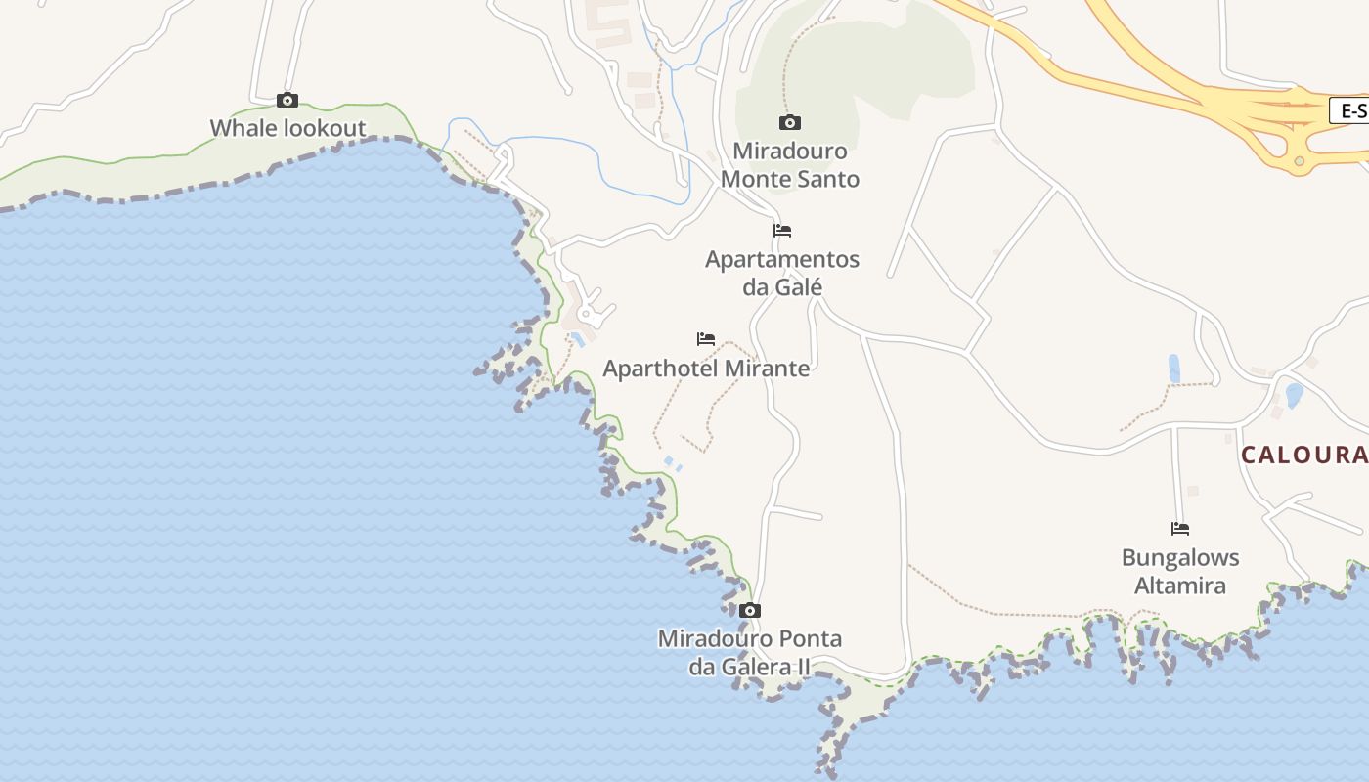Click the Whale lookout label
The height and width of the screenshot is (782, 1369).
coord(287,128)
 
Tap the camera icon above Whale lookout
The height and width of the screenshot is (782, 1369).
coord(287,100)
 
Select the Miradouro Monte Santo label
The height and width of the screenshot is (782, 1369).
coord(790,165)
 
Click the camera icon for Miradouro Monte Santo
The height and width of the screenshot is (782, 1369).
coord(790,122)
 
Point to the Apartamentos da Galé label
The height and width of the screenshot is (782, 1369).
coord(782,273)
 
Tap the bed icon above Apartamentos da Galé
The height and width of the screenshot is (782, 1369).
coord(782,231)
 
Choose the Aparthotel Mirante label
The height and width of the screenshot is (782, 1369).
coord(706,369)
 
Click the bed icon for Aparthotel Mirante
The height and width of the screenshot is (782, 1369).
coord(706,339)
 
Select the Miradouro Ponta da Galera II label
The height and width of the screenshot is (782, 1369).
coord(749,653)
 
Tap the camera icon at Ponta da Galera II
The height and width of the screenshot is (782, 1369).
coord(750,611)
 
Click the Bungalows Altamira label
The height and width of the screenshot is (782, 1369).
coord(1180,572)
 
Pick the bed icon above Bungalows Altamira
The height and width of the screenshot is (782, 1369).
coord(1180,529)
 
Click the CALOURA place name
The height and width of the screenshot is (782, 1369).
coord(1304,455)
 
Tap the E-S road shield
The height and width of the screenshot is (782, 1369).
coord(1350,111)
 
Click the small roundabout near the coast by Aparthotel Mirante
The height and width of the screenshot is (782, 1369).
coord(589,314)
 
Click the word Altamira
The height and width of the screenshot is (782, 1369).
coord(1180,586)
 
